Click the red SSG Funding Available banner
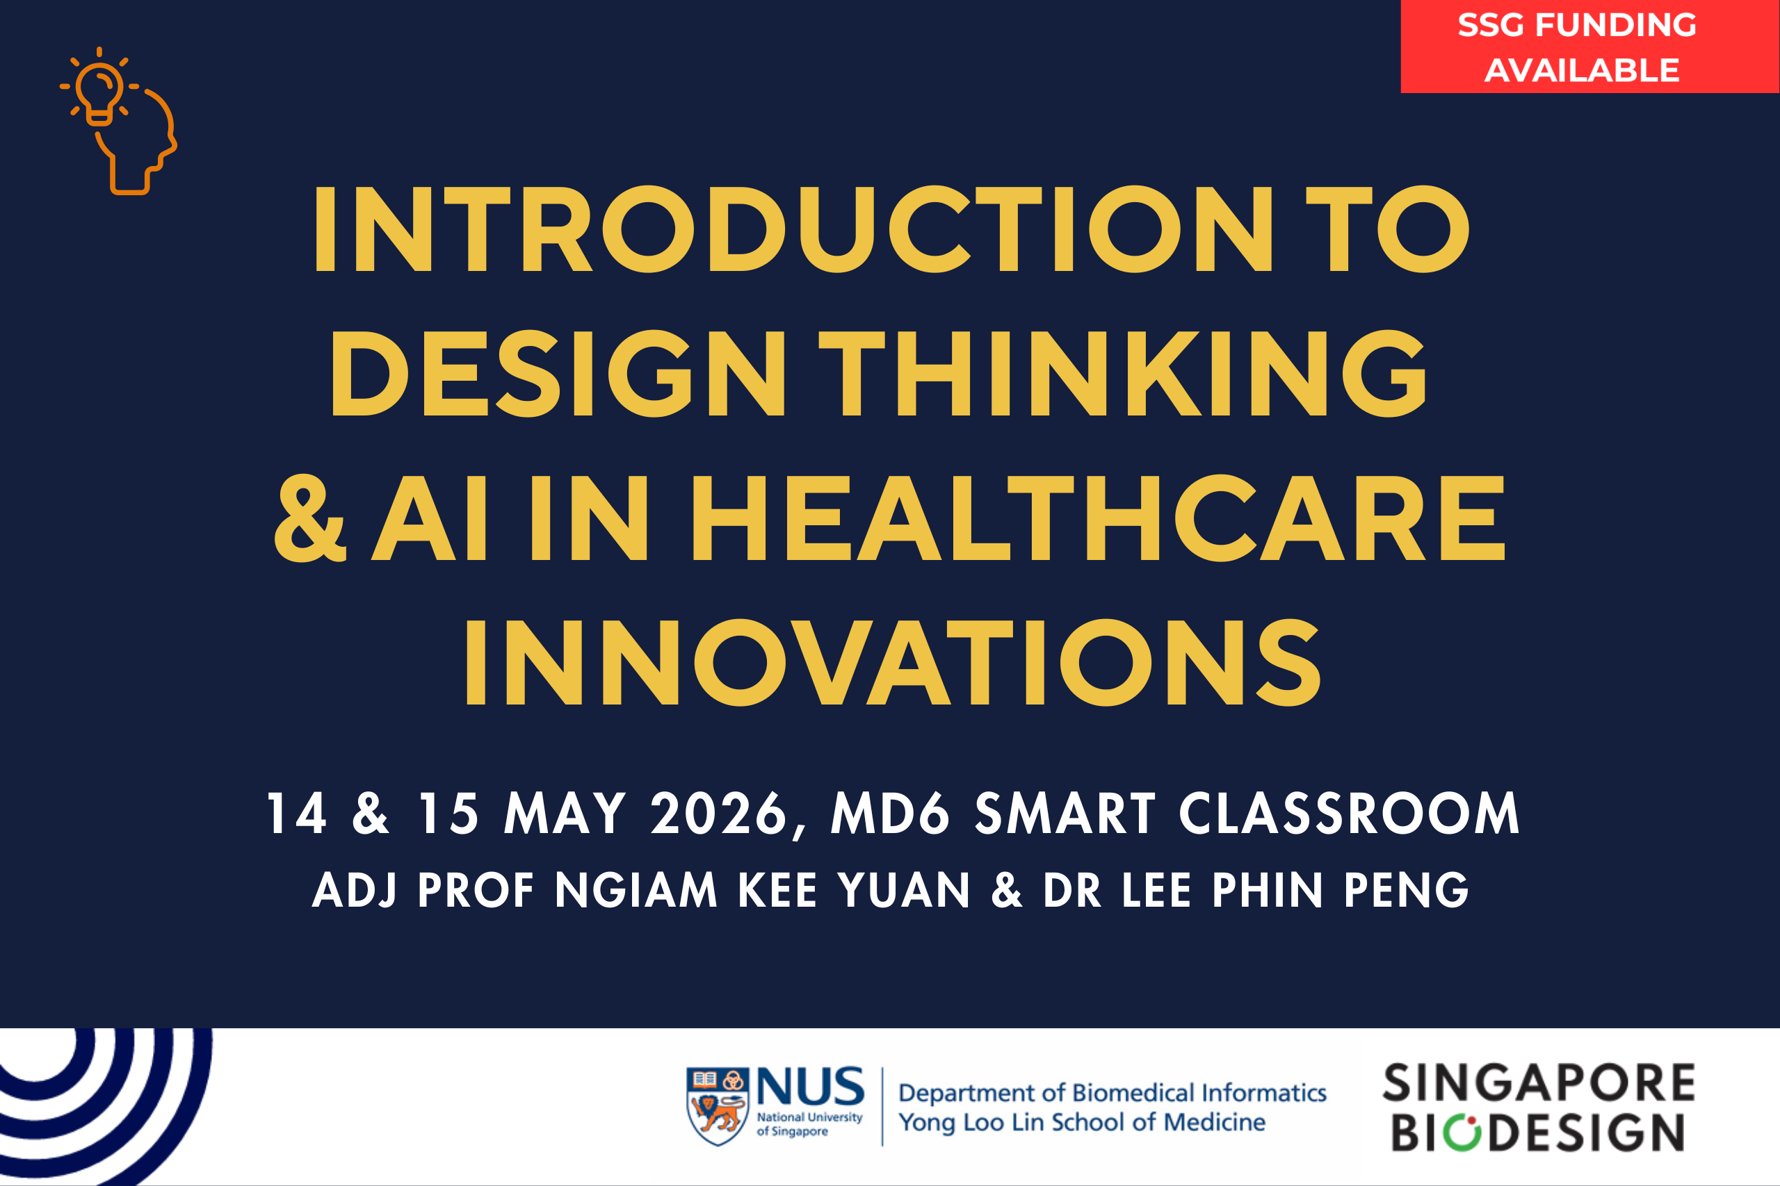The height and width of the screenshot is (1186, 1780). click(x=1590, y=46)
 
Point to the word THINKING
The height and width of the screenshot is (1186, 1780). click(x=1122, y=373)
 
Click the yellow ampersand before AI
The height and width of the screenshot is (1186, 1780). click(x=310, y=518)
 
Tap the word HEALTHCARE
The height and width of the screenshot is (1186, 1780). click(x=1097, y=518)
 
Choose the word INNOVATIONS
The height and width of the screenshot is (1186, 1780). click(x=893, y=662)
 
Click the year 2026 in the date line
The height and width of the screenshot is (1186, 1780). click(x=718, y=814)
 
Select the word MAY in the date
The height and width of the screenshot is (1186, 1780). click(x=565, y=814)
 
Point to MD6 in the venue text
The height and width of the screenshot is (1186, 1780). click(x=889, y=814)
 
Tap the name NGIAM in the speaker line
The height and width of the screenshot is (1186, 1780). click(x=636, y=890)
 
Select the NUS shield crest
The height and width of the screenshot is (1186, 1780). click(x=718, y=1106)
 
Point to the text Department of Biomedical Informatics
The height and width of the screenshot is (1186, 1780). click(x=1112, y=1093)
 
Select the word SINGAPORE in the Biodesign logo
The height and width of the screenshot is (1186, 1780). click(x=1539, y=1083)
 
